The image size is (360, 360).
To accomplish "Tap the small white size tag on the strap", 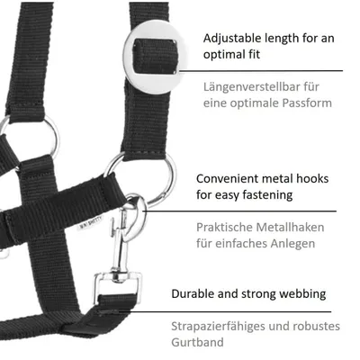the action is coord(90,223).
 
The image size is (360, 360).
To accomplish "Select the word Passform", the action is coord(307,103).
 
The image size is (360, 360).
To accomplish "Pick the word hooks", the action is coord(312,179).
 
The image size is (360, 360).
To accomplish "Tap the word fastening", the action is coord(267,195).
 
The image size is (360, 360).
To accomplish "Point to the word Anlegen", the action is coord(292,244).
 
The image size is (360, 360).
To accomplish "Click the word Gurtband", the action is coord(197,342).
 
